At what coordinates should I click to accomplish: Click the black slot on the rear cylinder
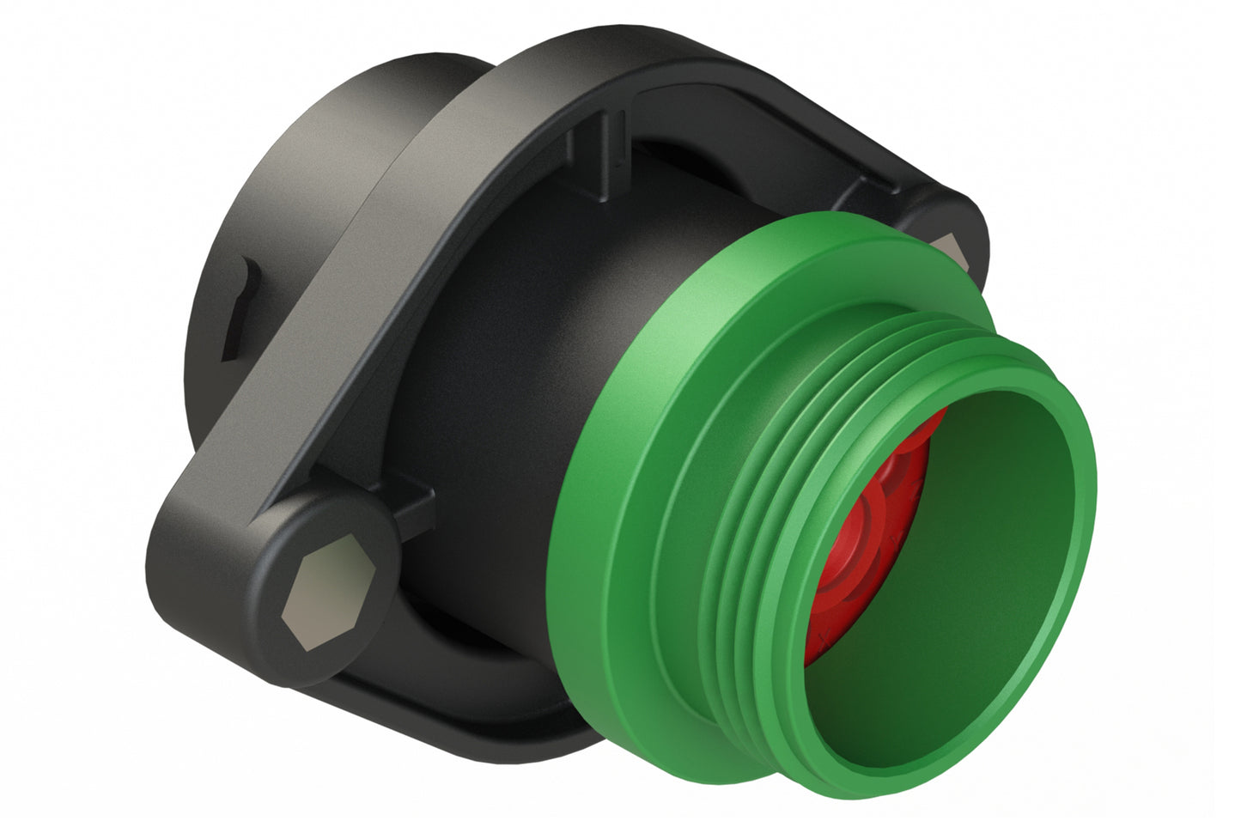pyautogui.click(x=240, y=309)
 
